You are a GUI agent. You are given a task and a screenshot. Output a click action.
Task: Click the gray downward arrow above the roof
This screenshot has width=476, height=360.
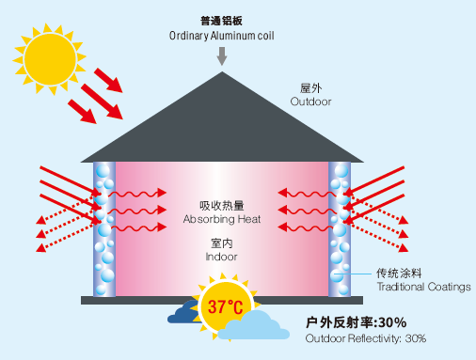click(x=222, y=55)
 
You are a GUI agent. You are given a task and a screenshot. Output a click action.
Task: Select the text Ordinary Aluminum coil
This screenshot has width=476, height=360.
click(x=222, y=36)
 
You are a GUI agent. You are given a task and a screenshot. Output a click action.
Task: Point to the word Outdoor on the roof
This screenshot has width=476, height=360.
click(x=310, y=101)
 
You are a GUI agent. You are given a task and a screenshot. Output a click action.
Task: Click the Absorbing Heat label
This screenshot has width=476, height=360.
click(x=222, y=219)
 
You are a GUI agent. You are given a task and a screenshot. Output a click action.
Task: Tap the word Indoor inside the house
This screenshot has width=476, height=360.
click(x=222, y=256)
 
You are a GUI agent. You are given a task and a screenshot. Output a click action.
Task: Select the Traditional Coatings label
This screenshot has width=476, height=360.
click(x=423, y=286)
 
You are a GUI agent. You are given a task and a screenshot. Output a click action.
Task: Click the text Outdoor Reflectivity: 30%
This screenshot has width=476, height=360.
click(x=366, y=338)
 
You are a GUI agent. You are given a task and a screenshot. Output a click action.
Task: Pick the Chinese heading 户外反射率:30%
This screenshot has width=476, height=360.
click(x=356, y=322)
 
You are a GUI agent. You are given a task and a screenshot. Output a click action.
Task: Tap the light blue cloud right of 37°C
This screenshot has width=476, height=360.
click(x=259, y=325)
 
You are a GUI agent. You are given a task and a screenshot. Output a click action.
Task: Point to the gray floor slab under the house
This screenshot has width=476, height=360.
click(x=222, y=300)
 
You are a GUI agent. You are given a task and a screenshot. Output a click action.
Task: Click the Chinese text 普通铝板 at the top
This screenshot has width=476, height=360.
click(x=222, y=21)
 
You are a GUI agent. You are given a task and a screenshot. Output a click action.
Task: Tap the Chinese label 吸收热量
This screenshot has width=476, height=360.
click(x=222, y=205)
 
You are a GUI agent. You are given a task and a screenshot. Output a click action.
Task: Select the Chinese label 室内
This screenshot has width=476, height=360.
click(x=222, y=243)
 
